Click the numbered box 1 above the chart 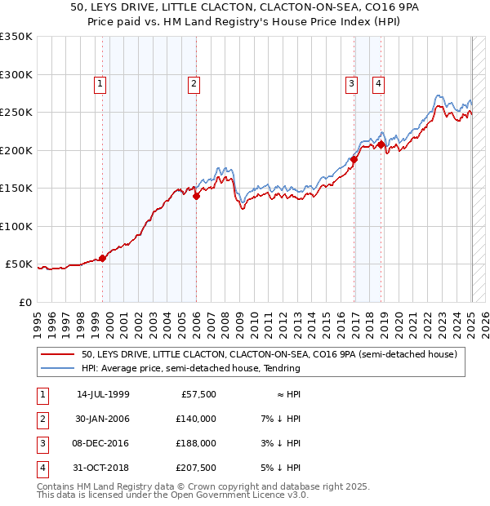(x=100, y=82)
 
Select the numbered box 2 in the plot (x=194, y=82)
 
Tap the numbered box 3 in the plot (x=351, y=82)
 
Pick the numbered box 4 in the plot (x=379, y=82)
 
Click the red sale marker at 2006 (x=196, y=196)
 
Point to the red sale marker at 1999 (x=103, y=259)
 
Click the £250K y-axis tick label (x=16, y=113)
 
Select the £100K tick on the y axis (x=16, y=226)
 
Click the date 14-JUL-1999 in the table (x=103, y=394)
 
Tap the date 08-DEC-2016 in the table (x=103, y=443)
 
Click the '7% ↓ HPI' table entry (x=278, y=419)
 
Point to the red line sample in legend (x=59, y=355)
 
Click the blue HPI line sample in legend (x=59, y=368)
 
